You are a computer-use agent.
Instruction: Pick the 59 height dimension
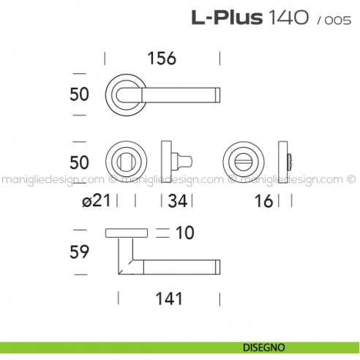click(x=78, y=252)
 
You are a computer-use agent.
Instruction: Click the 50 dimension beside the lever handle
click(x=78, y=94)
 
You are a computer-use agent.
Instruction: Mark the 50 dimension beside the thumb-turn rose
click(x=78, y=161)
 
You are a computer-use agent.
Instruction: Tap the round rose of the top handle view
click(x=126, y=93)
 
